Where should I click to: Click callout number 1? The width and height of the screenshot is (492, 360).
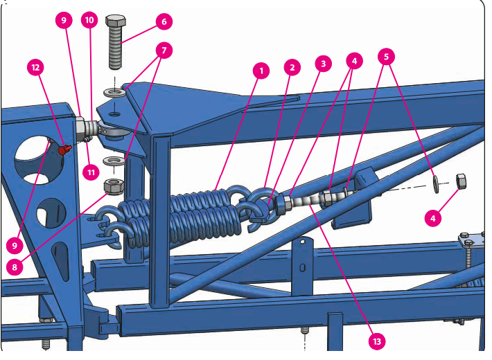[x=261, y=70]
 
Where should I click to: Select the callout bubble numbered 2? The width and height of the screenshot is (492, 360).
[x=292, y=67]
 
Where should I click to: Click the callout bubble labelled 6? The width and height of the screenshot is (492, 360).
[x=164, y=22]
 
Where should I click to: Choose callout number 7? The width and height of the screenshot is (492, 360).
[x=164, y=51]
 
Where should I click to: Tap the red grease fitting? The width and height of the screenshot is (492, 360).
[x=65, y=148]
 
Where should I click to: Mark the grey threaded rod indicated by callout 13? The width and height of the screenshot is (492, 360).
[x=304, y=201]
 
